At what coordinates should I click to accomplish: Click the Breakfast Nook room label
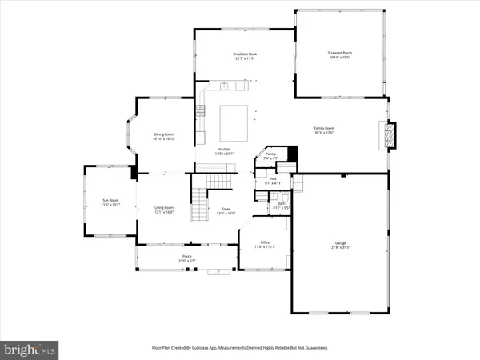click(x=245, y=55)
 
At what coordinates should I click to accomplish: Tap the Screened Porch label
click(x=339, y=55)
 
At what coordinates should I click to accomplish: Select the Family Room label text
click(x=323, y=130)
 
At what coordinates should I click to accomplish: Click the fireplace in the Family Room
click(x=390, y=135)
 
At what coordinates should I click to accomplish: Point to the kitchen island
click(x=235, y=119)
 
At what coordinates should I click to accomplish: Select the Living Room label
click(x=164, y=210)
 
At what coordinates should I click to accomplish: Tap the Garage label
click(x=341, y=245)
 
